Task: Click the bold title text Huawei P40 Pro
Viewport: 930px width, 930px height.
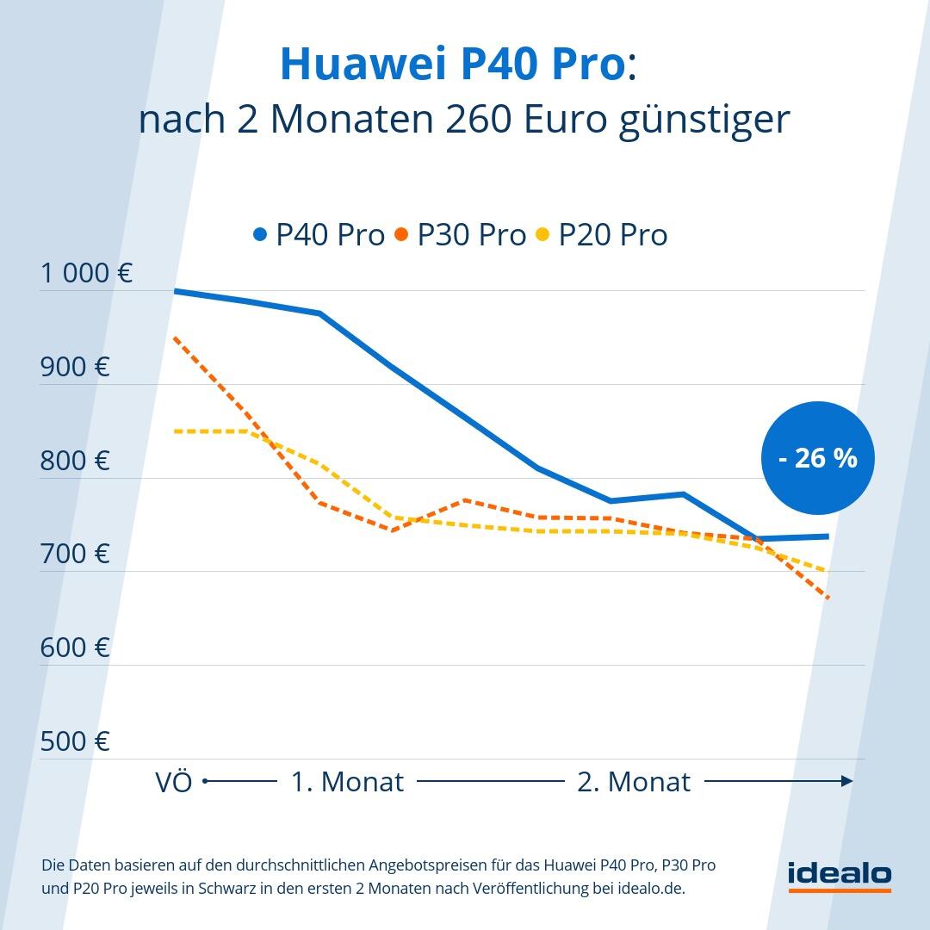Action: [453, 65]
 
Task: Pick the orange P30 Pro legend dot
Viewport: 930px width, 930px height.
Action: [401, 234]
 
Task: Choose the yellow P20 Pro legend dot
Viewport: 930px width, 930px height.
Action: [542, 234]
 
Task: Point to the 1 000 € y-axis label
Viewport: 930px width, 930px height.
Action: [86, 273]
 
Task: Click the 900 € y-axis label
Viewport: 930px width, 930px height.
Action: [75, 367]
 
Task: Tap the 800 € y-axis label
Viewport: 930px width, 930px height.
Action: [75, 461]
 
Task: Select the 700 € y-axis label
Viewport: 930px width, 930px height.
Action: [75, 554]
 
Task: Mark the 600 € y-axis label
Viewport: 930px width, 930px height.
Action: [75, 648]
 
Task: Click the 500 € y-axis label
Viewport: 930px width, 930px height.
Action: [75, 741]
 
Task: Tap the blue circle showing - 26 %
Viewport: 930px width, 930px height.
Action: [817, 458]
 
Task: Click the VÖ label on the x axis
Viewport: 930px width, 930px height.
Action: [174, 782]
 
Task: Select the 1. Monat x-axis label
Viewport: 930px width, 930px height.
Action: [347, 782]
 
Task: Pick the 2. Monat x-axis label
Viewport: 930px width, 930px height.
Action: [634, 782]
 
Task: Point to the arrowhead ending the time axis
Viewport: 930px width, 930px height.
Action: [847, 781]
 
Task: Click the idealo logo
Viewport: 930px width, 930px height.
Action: [840, 874]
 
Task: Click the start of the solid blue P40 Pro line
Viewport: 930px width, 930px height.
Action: [176, 291]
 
